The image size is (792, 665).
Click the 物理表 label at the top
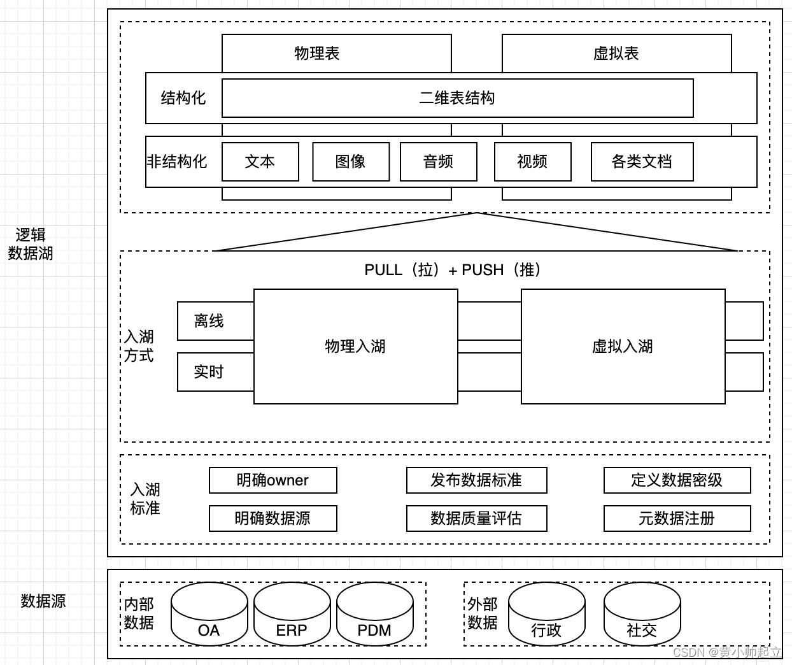point(317,54)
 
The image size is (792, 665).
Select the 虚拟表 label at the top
point(616,54)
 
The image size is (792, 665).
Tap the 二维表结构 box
point(457,98)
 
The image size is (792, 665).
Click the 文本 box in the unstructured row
point(260,162)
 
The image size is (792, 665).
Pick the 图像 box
point(351,162)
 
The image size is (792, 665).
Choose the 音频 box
point(438,162)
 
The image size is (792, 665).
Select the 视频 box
point(532,162)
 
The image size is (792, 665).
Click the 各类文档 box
point(642,162)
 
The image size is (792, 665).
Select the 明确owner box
point(272,480)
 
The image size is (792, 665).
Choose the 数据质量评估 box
point(476,518)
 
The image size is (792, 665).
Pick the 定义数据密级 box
point(677,480)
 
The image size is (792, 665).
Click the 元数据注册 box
point(677,518)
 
